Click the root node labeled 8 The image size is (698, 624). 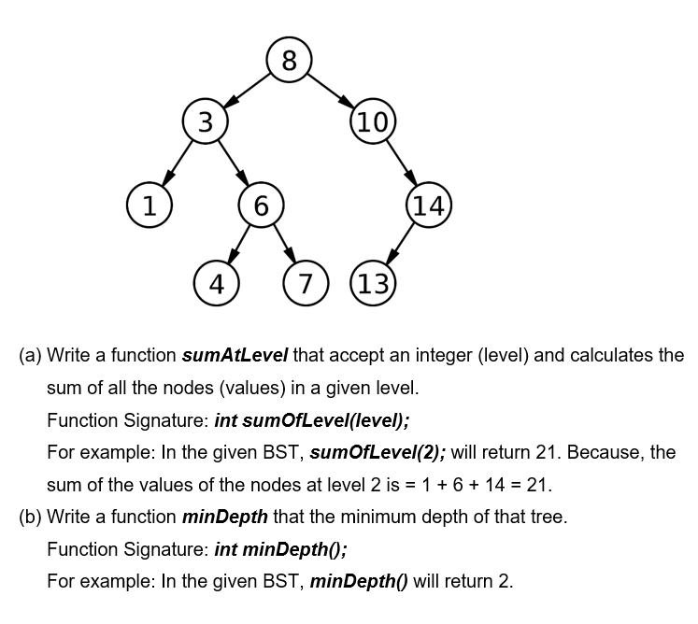pyautogui.click(x=289, y=61)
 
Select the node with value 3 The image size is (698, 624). pyautogui.click(x=205, y=121)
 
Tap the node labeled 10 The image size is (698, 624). pyautogui.click(x=373, y=121)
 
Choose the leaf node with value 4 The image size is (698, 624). pyautogui.click(x=217, y=283)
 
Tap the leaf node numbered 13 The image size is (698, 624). pyautogui.click(x=373, y=283)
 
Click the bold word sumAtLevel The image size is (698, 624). pyautogui.click(x=235, y=356)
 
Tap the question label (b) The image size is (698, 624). pyautogui.click(x=31, y=517)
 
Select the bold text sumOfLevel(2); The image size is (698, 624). pyautogui.click(x=377, y=453)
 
